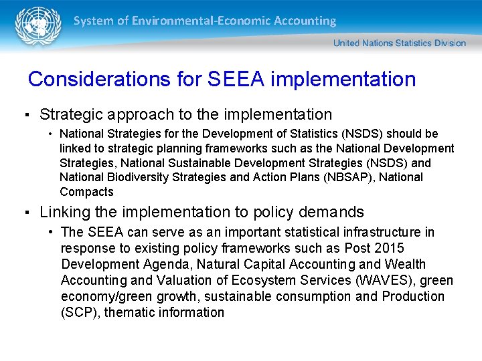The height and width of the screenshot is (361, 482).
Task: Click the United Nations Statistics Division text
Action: (x=400, y=43)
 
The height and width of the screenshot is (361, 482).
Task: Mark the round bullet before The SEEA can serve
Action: (x=52, y=233)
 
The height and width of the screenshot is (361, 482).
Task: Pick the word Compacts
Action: (x=86, y=192)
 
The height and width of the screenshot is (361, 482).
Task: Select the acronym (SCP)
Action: (x=79, y=312)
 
